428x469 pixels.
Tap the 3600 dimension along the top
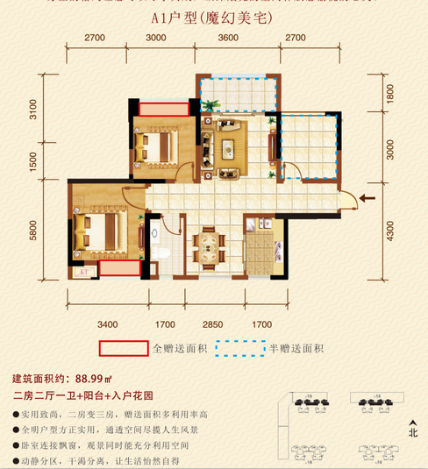click(x=227, y=38)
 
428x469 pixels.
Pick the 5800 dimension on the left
click(x=32, y=231)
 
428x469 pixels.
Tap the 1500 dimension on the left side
click(x=32, y=162)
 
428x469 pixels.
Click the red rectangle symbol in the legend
click(x=124, y=348)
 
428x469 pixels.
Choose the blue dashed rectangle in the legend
click(x=239, y=348)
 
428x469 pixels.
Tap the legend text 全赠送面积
click(x=180, y=349)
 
